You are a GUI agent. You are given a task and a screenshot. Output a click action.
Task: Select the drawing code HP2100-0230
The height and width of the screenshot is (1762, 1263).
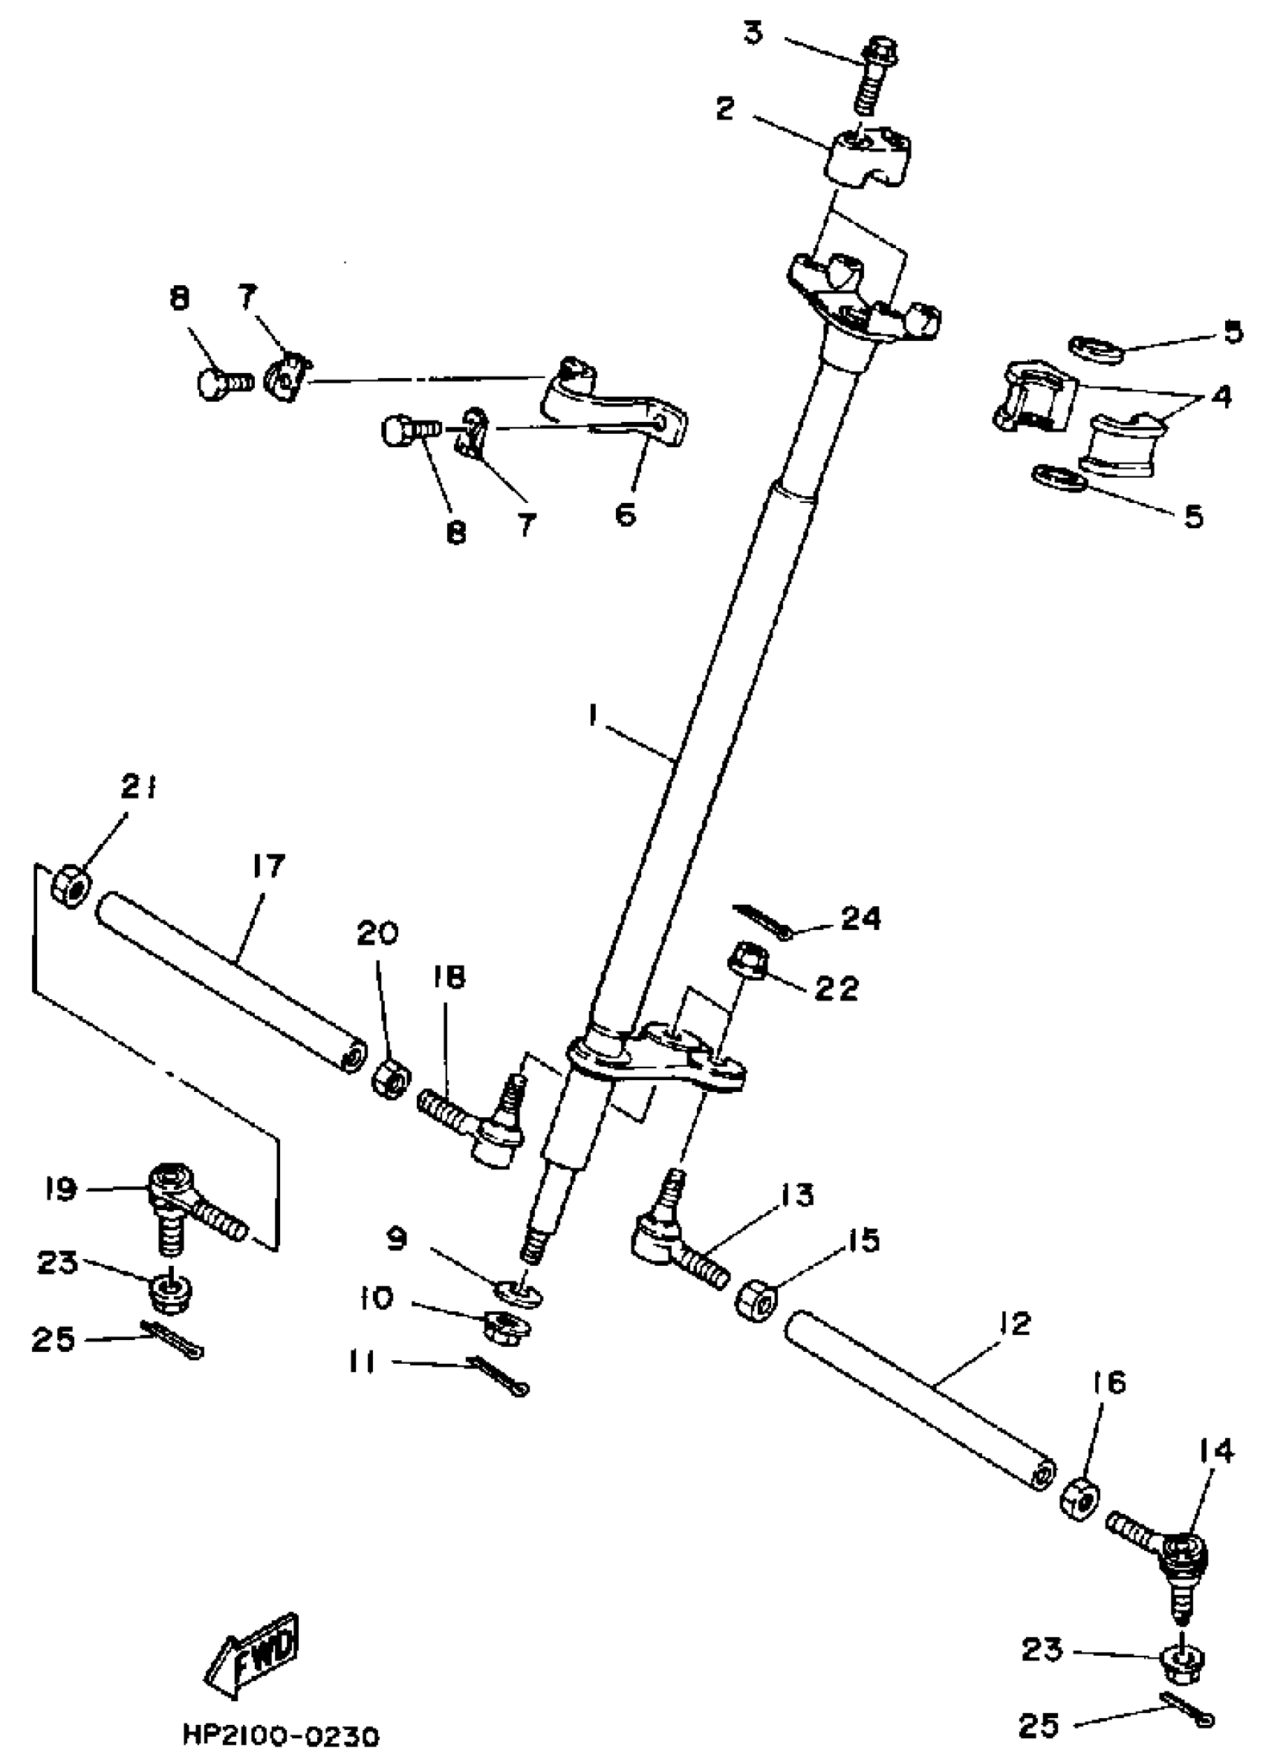coord(281,1735)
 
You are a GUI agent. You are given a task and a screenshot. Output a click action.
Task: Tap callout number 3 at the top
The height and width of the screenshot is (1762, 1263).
coord(753,33)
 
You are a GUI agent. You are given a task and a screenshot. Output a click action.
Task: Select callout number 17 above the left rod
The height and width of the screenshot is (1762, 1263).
coord(267,865)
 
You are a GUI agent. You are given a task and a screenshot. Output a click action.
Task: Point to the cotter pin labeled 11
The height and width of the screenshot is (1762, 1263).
coord(499,1374)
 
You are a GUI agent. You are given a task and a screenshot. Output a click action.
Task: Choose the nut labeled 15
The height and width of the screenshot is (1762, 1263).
coord(753,1300)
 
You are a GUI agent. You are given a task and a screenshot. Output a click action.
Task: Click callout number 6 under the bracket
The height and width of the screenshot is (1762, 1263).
coord(626,513)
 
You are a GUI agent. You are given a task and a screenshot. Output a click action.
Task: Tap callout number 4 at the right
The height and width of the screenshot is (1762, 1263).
coord(1221,396)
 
